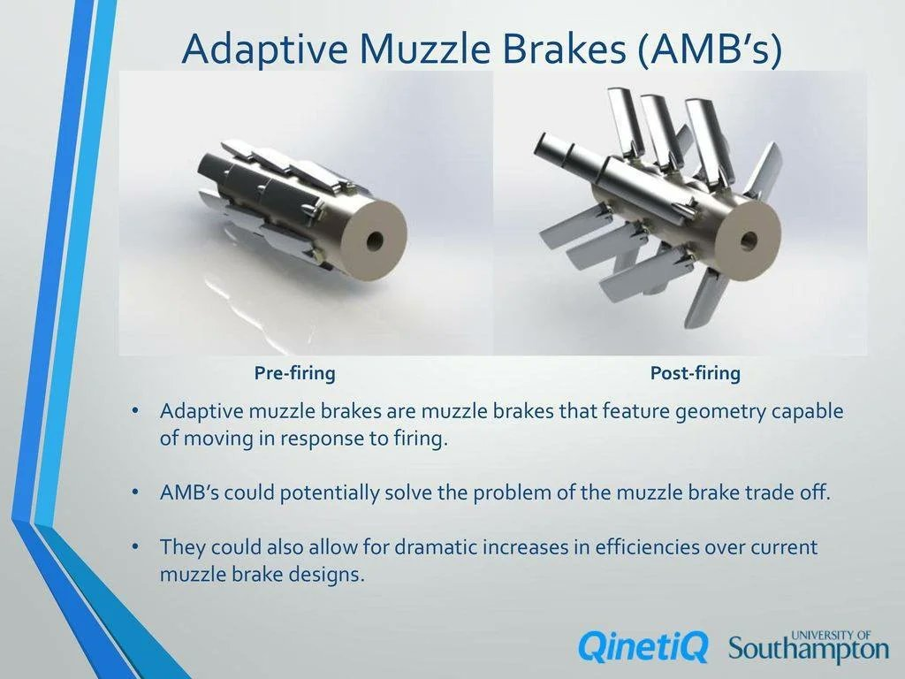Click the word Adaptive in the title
[x=265, y=50]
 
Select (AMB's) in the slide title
[x=711, y=50]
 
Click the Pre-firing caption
[x=295, y=373]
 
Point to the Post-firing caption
[x=695, y=373]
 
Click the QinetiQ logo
[x=643, y=646]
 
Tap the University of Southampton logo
[x=809, y=646]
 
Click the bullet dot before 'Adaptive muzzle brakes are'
[x=135, y=412]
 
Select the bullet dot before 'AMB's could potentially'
[x=135, y=493]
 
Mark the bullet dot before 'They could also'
[x=135, y=546]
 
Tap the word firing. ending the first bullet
[x=420, y=439]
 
